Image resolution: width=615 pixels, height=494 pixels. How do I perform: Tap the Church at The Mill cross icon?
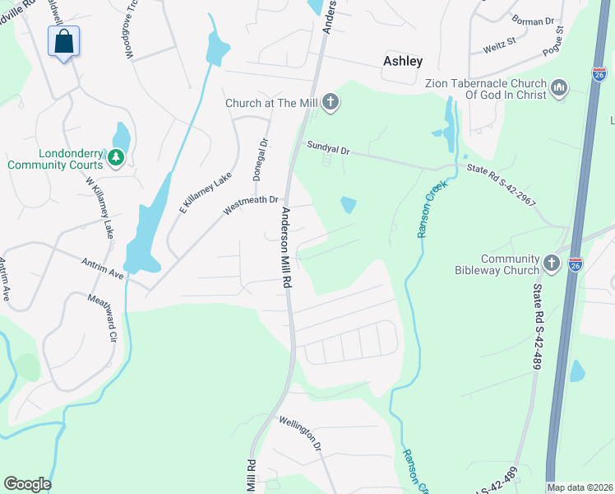pyautogui.click(x=330, y=103)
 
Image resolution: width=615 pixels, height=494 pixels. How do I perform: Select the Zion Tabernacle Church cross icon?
pyautogui.click(x=559, y=88)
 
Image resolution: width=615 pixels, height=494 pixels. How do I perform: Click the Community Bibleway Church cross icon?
pyautogui.click(x=551, y=263)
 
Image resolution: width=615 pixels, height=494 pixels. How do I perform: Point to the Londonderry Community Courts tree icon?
pyautogui.click(x=116, y=156)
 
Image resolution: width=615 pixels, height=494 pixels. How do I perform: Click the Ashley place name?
pyautogui.click(x=403, y=61)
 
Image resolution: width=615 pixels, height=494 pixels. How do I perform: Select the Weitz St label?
pyautogui.click(x=499, y=40)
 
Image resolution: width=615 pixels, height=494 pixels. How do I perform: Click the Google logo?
pyautogui.click(x=27, y=484)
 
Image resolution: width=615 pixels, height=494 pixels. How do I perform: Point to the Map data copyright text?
pyautogui.click(x=579, y=487)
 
